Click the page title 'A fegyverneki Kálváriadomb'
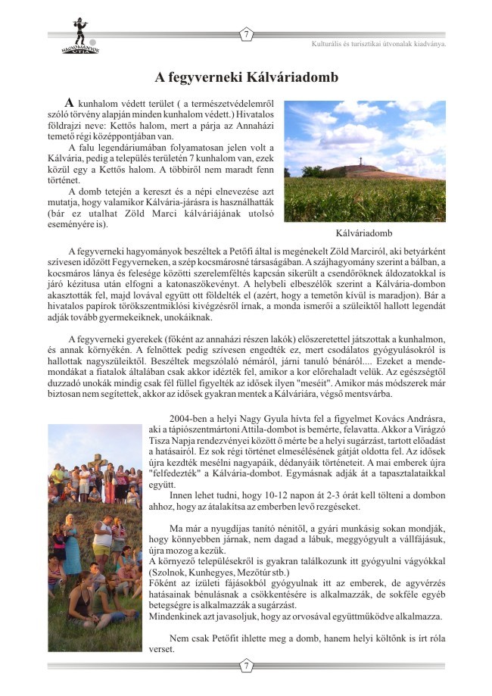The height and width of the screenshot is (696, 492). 246,77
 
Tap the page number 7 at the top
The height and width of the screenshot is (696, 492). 246,34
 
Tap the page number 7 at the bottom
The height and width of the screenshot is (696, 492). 246,666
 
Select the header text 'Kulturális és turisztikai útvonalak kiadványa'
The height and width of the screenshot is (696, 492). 378,43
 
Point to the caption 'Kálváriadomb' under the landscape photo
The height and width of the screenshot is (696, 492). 364,233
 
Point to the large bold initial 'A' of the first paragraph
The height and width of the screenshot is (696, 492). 70,103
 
